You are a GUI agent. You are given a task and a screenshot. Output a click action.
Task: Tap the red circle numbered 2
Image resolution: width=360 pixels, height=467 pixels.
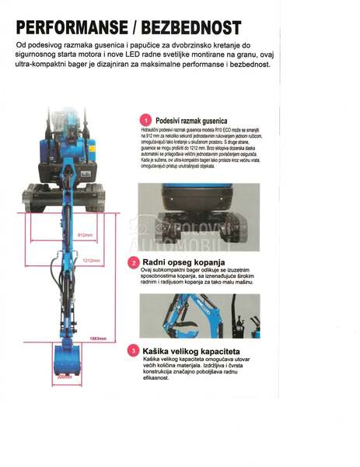point(135,263)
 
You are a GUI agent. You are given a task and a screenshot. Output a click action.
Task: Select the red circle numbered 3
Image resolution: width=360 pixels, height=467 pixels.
point(135,351)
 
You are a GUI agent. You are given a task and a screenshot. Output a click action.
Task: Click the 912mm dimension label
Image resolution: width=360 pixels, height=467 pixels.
point(85,234)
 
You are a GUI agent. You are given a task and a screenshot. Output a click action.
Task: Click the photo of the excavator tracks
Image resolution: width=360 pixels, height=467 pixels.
point(189,214)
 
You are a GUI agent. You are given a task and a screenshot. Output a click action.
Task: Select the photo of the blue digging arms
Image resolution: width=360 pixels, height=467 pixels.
point(189,315)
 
